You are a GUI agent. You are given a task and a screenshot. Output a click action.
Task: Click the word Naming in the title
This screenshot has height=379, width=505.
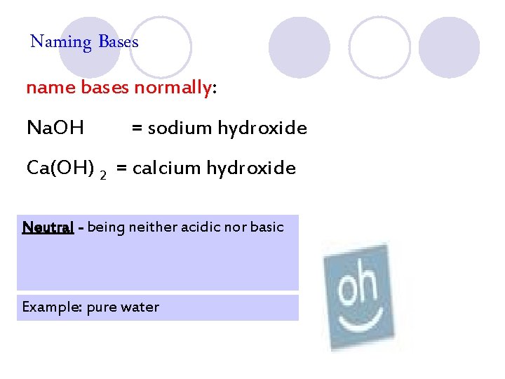[61, 42]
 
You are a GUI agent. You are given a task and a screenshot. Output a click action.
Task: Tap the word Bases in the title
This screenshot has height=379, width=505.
[119, 41]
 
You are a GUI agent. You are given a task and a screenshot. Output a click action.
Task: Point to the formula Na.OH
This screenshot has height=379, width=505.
[55, 128]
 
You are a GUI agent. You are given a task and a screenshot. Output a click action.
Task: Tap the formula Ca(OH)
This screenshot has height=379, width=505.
[60, 168]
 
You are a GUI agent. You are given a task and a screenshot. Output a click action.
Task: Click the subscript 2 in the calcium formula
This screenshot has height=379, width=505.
[103, 174]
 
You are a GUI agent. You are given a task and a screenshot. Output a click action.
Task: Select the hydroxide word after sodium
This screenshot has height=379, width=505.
[262, 128]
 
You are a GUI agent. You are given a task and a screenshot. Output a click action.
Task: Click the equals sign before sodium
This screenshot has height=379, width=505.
[137, 128]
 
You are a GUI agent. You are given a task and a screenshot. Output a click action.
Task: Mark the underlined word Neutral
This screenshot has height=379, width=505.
[48, 227]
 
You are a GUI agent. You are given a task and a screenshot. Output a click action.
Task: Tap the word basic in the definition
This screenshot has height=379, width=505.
[267, 227]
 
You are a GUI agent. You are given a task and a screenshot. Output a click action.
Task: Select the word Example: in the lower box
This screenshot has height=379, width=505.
[51, 307]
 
